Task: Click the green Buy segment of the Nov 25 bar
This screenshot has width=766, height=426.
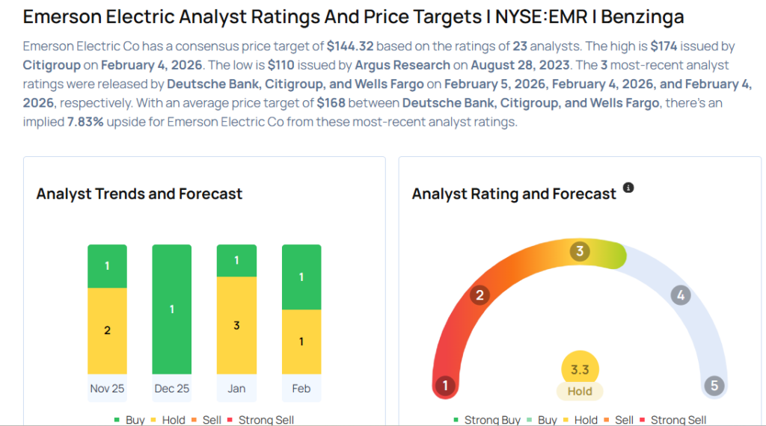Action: [107, 266]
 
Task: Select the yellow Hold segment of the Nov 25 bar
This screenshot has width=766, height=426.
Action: [107, 330]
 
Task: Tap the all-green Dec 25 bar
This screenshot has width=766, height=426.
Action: [171, 309]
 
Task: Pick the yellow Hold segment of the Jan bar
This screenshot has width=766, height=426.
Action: [236, 325]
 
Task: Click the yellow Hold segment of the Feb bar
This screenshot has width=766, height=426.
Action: [301, 342]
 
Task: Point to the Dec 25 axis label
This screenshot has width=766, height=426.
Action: [171, 388]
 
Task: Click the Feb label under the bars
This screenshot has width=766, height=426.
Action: [301, 388]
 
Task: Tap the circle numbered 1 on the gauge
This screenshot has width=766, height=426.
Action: [445, 386]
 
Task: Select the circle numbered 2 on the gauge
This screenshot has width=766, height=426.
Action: [479, 295]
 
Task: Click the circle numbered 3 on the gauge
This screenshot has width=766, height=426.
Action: [579, 251]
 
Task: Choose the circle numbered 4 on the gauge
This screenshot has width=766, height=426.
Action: [680, 295]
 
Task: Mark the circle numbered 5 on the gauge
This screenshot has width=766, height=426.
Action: [714, 386]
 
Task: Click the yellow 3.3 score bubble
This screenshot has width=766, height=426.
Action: [579, 369]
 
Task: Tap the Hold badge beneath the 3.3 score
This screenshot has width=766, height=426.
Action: [579, 391]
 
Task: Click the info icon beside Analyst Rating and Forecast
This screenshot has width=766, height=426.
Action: [628, 188]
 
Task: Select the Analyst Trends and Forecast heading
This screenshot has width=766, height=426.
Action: [139, 194]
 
